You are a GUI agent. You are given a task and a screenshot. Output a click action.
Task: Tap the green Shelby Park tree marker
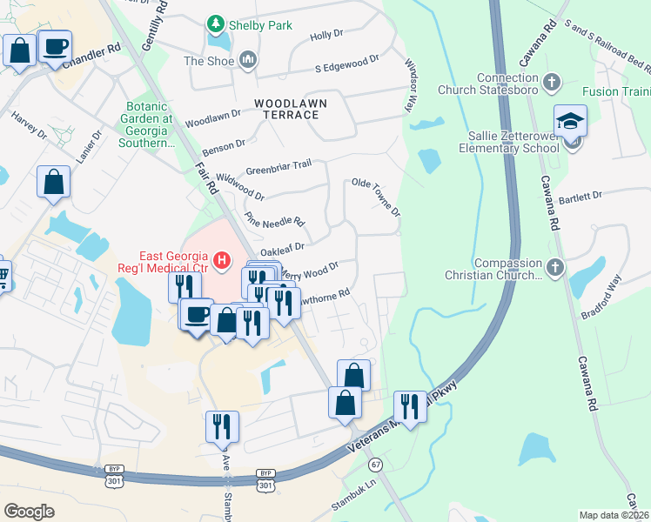214,24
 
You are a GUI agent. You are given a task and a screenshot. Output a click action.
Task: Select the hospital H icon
222,259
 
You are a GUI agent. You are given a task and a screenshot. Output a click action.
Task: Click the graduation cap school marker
570,121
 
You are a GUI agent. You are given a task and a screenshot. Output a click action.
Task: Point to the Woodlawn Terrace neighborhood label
291,109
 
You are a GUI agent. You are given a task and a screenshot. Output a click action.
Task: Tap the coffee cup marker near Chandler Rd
56,46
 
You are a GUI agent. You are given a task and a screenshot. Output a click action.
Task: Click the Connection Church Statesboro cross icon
550,84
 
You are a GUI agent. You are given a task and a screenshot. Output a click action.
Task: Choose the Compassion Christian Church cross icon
555,266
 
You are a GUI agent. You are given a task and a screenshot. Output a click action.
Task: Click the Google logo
29,512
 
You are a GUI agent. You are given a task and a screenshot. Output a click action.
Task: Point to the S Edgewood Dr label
347,64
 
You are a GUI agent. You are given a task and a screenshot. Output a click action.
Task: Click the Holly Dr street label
327,36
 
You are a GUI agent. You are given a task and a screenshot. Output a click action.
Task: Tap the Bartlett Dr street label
584,197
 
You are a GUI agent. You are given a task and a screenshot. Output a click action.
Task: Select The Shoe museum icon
248,60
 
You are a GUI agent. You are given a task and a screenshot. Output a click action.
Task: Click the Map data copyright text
614,515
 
